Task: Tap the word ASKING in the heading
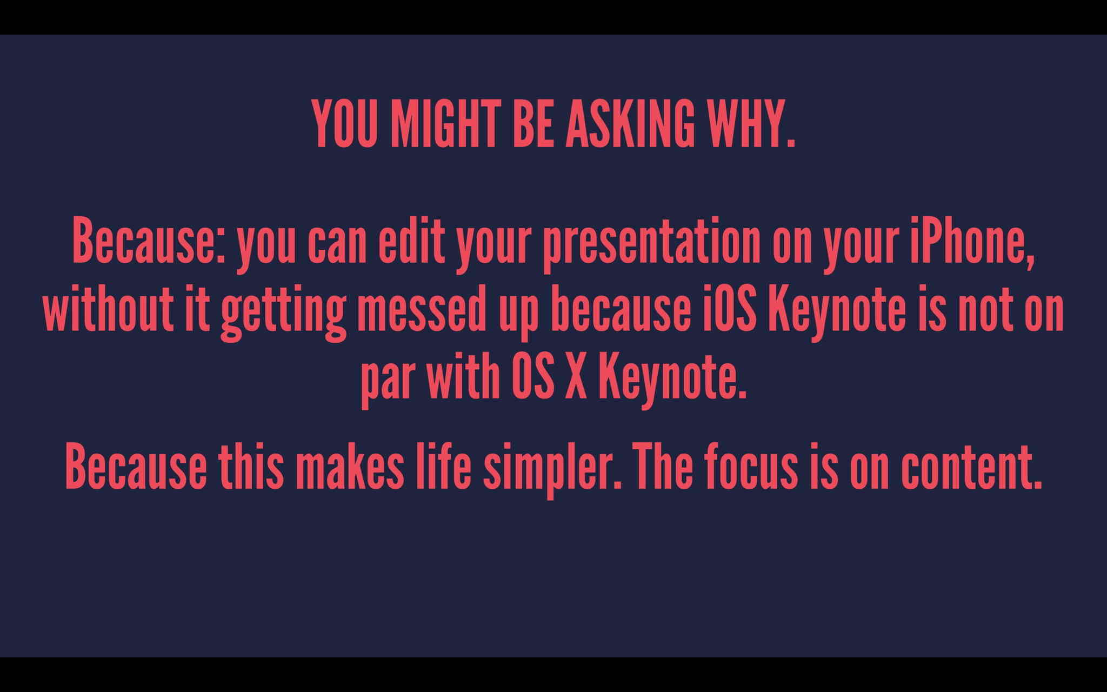tap(629, 124)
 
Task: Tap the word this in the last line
tap(251, 466)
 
